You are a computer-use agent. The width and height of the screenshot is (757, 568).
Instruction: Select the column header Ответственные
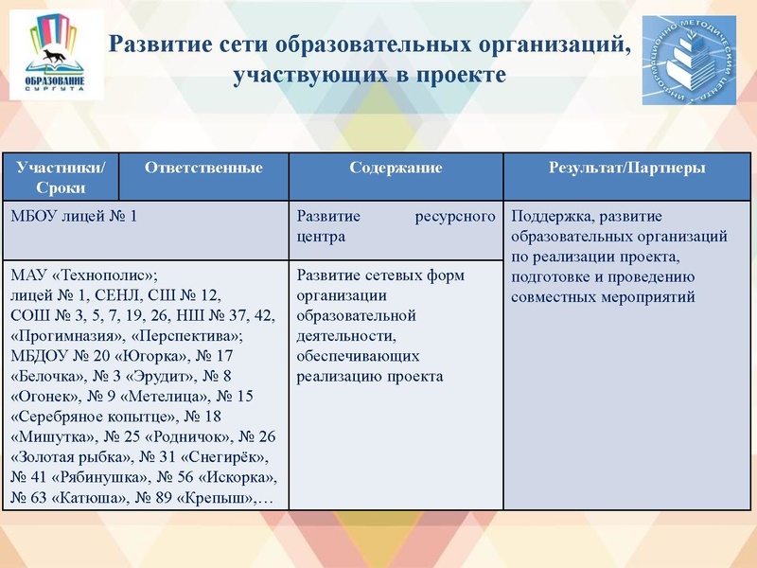203,168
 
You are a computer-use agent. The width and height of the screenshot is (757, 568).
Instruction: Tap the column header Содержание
396,168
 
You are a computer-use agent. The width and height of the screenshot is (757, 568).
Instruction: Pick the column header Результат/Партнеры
626,168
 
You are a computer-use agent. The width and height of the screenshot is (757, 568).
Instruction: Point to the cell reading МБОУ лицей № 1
74,216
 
